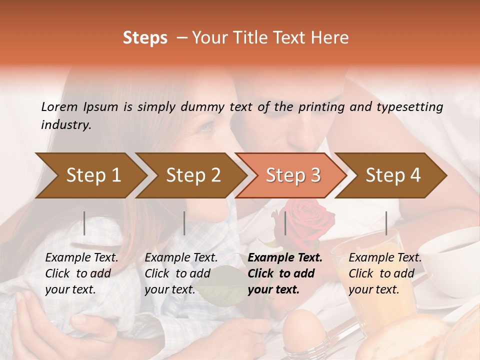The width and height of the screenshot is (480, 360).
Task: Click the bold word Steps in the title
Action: click(145, 38)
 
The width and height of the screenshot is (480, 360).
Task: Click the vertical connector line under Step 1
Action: click(84, 223)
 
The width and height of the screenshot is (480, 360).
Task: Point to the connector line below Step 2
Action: click(184, 223)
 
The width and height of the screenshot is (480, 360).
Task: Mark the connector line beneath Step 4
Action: click(386, 223)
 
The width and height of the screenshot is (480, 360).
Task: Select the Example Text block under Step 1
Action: click(81, 273)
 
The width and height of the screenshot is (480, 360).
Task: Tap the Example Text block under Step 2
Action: click(181, 273)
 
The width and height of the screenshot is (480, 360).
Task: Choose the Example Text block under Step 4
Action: click(385, 273)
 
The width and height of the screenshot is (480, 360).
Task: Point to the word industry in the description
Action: click(65, 125)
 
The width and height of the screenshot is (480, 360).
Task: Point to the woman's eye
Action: click(206, 127)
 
